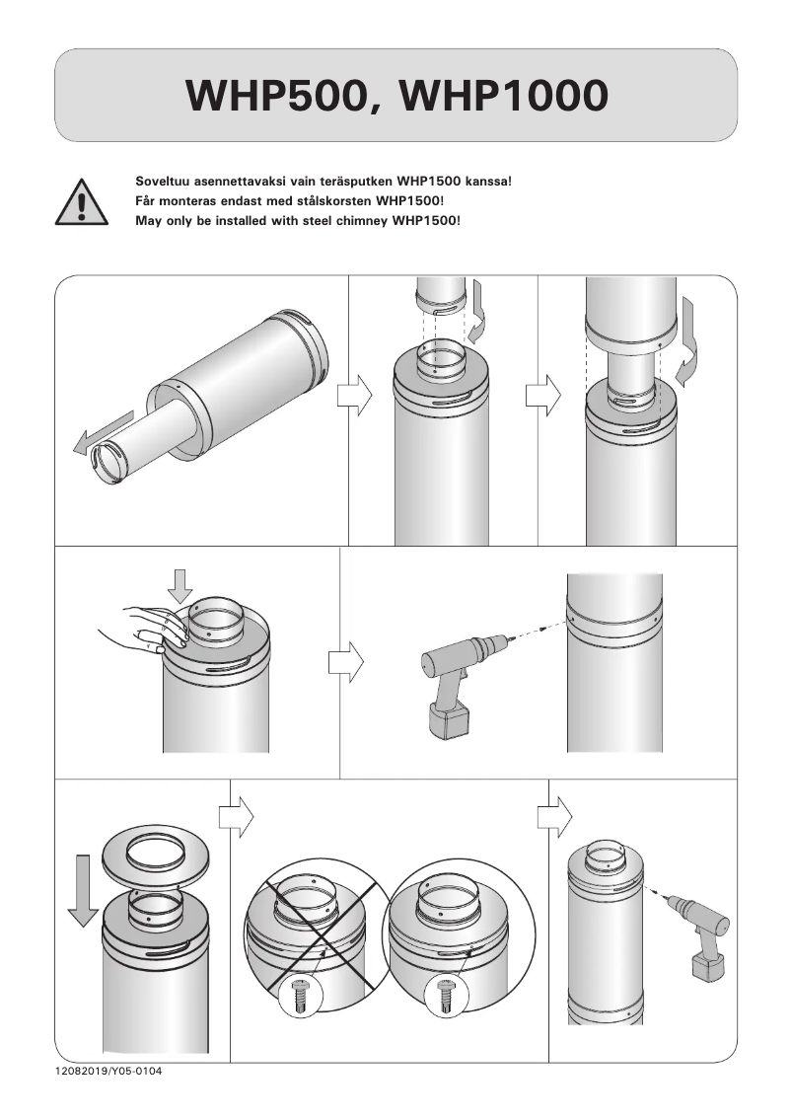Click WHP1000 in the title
pyautogui.click(x=504, y=95)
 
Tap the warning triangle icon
pyautogui.click(x=82, y=202)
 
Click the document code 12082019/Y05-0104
pyautogui.click(x=108, y=1071)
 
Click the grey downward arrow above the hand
pyautogui.click(x=180, y=585)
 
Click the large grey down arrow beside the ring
pyautogui.click(x=83, y=890)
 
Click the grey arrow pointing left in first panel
pyautogui.click(x=104, y=433)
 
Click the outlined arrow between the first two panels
pyautogui.click(x=354, y=396)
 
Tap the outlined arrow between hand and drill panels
pyautogui.click(x=345, y=662)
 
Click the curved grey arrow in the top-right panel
pyautogui.click(x=686, y=341)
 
